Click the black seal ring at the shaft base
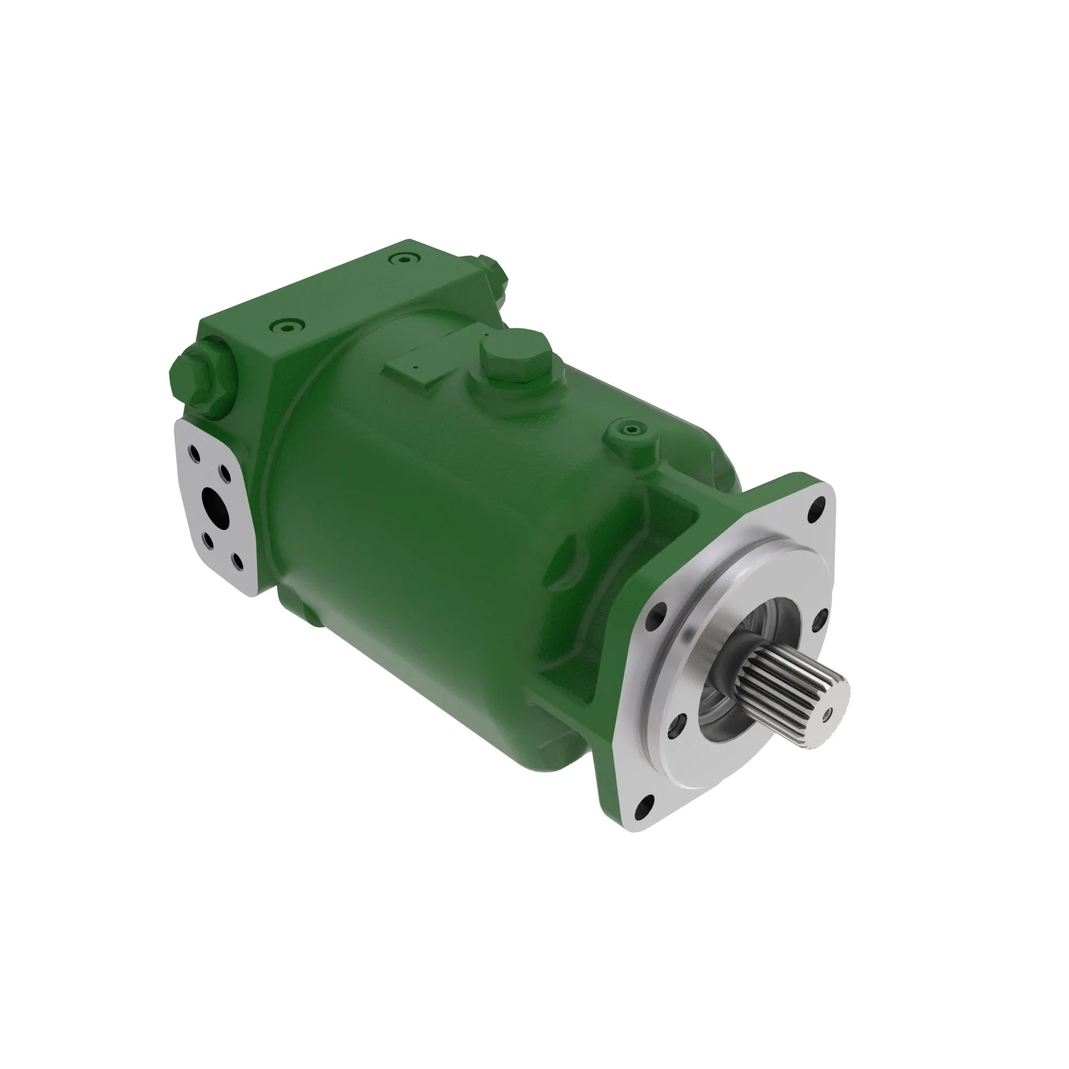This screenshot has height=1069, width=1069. coord(738,654)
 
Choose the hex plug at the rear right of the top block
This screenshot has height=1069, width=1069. coord(490,271)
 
